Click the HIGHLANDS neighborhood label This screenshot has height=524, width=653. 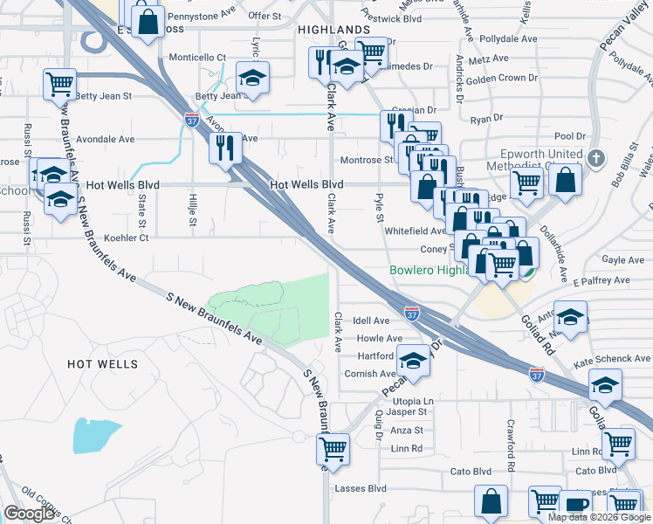point(333,30)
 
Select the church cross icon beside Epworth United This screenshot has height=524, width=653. point(595,159)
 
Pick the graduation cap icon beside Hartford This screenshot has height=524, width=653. point(413,360)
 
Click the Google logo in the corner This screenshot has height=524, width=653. point(30,513)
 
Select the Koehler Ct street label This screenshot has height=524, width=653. point(127,237)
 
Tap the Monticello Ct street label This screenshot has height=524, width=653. point(196,58)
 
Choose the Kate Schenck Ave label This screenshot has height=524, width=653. point(611,359)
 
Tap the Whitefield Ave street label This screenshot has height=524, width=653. point(416,231)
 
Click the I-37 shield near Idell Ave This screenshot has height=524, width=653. point(411,311)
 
